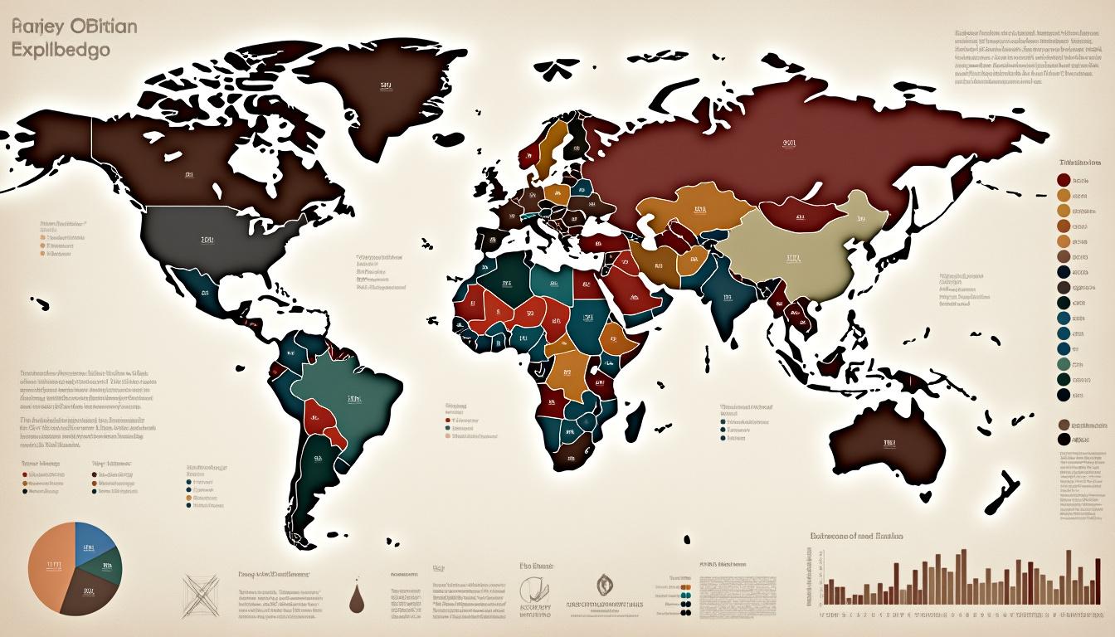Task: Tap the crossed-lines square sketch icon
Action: click(x=201, y=594)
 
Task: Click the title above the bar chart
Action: click(x=855, y=537)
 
